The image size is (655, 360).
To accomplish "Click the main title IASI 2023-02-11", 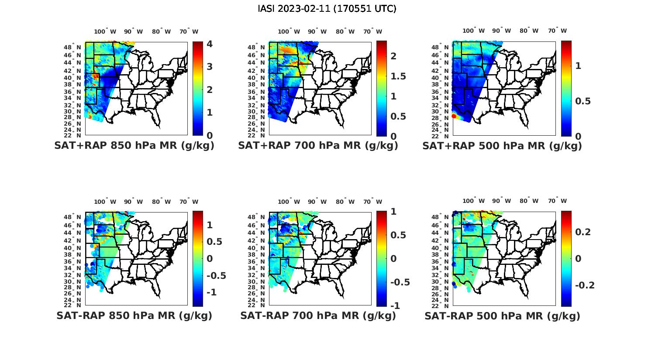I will (x=327, y=9).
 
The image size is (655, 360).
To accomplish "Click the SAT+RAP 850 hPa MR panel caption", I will (x=134, y=146).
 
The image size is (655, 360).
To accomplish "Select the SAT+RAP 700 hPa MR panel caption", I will (x=318, y=146).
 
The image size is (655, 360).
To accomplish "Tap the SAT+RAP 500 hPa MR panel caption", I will (x=502, y=146).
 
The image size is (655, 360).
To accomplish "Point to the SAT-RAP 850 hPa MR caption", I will (x=134, y=315).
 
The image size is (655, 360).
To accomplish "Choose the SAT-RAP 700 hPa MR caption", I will (x=318, y=315).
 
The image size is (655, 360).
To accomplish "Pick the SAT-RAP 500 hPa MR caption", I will (x=502, y=315).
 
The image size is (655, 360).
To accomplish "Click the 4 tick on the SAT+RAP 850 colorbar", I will (x=210, y=44).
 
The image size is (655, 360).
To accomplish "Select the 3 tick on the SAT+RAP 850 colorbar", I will (x=210, y=67).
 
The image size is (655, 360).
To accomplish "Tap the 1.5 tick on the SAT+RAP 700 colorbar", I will (x=398, y=76).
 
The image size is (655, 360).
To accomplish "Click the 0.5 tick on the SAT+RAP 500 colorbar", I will (x=583, y=101).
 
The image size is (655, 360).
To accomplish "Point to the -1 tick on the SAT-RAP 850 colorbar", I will (x=211, y=292).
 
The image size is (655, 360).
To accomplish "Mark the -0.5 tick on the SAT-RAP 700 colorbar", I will (x=400, y=282).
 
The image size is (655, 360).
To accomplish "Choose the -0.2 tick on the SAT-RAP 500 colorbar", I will (x=585, y=285).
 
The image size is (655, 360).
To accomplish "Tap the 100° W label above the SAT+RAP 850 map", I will (x=105, y=31).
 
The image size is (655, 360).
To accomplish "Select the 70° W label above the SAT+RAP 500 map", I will (x=558, y=31).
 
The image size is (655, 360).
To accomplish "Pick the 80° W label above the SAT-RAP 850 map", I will (x=159, y=202).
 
